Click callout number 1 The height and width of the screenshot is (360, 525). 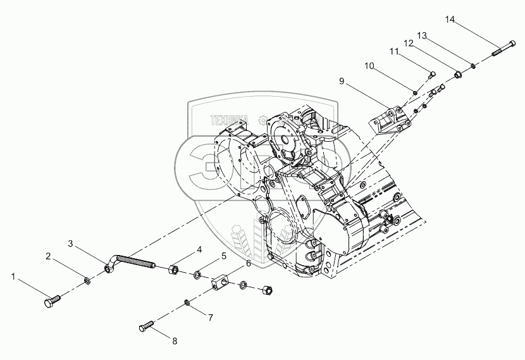13,276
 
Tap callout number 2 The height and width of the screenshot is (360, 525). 47,256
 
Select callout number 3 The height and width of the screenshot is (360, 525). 71,243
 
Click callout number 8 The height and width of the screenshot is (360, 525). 175,340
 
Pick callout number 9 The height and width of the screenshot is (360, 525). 342,81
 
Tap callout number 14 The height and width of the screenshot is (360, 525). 450,20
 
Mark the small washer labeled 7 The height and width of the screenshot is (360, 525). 187,302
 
